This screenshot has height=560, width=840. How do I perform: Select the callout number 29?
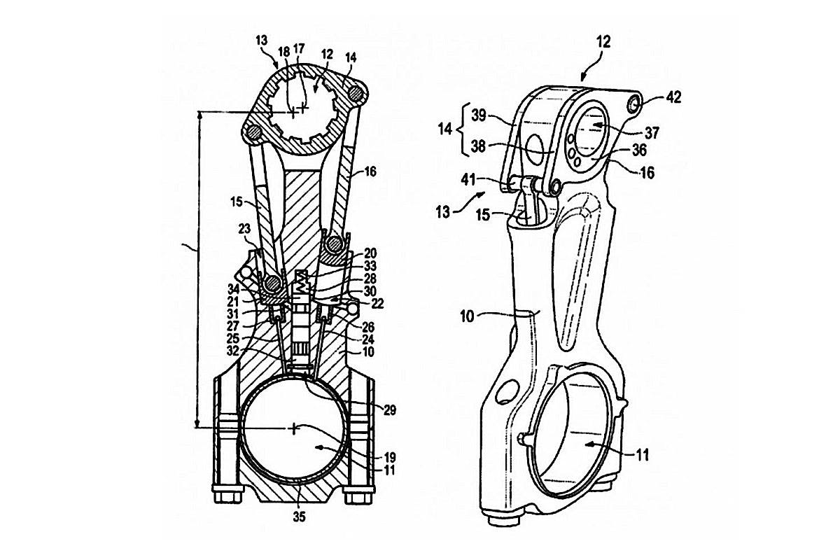point(390,411)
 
